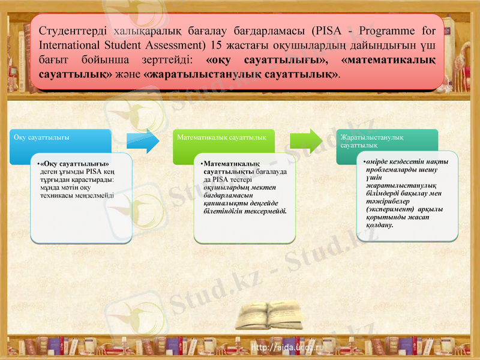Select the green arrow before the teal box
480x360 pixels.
pos(307,142)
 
